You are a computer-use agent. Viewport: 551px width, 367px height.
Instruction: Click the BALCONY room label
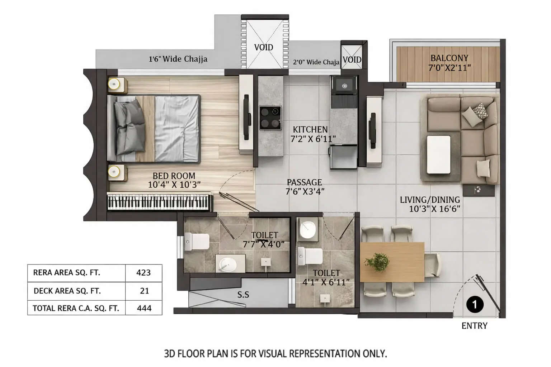(449, 58)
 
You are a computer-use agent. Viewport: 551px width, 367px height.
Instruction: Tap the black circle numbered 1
(475, 305)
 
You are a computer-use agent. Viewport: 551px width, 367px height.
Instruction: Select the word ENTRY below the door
(474, 326)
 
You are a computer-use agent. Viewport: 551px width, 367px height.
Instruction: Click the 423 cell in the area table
(143, 273)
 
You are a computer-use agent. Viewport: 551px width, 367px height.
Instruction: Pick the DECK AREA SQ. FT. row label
(67, 291)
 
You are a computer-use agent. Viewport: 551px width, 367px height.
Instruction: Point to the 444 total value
(144, 308)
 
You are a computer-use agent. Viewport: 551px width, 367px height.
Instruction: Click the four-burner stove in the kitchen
(270, 118)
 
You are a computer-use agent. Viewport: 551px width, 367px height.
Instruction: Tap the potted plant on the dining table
(377, 262)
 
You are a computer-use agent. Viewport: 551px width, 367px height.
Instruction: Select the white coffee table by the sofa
(438, 154)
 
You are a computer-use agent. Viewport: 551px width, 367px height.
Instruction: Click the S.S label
(243, 295)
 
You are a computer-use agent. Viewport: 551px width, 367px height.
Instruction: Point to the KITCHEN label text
(310, 129)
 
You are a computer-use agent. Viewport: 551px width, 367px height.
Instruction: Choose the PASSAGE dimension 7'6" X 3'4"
(305, 191)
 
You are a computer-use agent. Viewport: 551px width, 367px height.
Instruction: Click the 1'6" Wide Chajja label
(178, 59)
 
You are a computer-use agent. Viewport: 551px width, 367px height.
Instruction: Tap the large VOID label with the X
(264, 47)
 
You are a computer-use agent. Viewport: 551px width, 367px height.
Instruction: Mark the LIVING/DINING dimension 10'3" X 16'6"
(434, 209)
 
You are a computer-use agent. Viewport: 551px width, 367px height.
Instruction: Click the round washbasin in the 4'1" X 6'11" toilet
(307, 229)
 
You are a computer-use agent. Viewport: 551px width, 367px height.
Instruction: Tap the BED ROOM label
(174, 176)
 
